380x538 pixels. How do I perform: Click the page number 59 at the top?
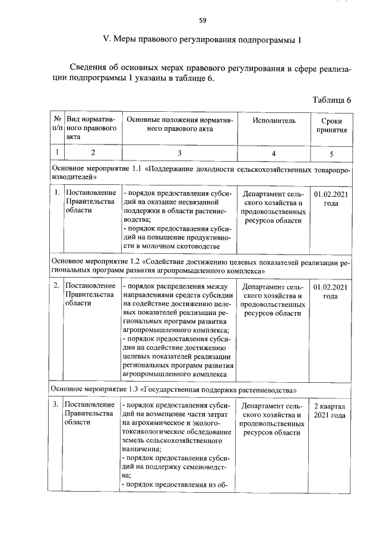point(202,20)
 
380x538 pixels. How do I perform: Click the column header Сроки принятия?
point(331,125)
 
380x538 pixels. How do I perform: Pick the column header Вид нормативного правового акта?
point(90,126)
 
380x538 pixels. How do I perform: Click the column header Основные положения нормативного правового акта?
point(179,125)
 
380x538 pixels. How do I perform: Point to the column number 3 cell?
point(179,153)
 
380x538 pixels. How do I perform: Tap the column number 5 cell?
point(331,153)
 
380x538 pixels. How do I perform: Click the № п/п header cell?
point(57,125)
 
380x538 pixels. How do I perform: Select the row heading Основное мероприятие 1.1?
point(202,173)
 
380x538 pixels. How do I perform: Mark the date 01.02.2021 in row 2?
point(331,291)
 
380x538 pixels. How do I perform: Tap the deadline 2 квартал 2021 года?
point(330,410)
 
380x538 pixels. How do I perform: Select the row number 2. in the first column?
point(56,287)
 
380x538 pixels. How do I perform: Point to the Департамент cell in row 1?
point(273,207)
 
